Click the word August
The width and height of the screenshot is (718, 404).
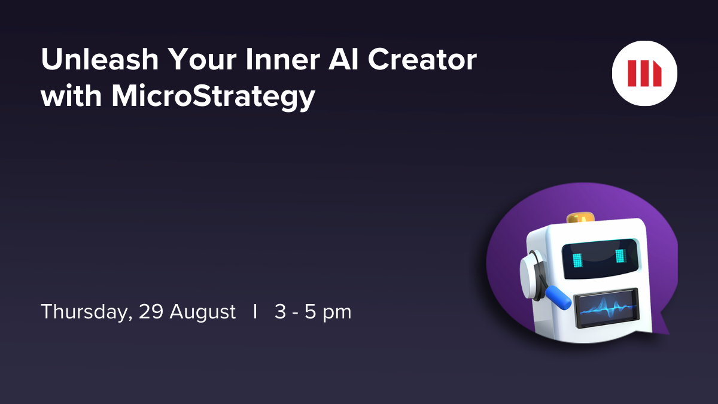(202, 312)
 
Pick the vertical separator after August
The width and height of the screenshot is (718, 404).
(255, 312)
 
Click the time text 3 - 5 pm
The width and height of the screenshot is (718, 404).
(313, 312)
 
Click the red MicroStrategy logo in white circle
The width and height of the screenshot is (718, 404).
(644, 74)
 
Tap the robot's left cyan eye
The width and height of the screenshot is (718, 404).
(577, 259)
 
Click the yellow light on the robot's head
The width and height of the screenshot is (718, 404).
(580, 216)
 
